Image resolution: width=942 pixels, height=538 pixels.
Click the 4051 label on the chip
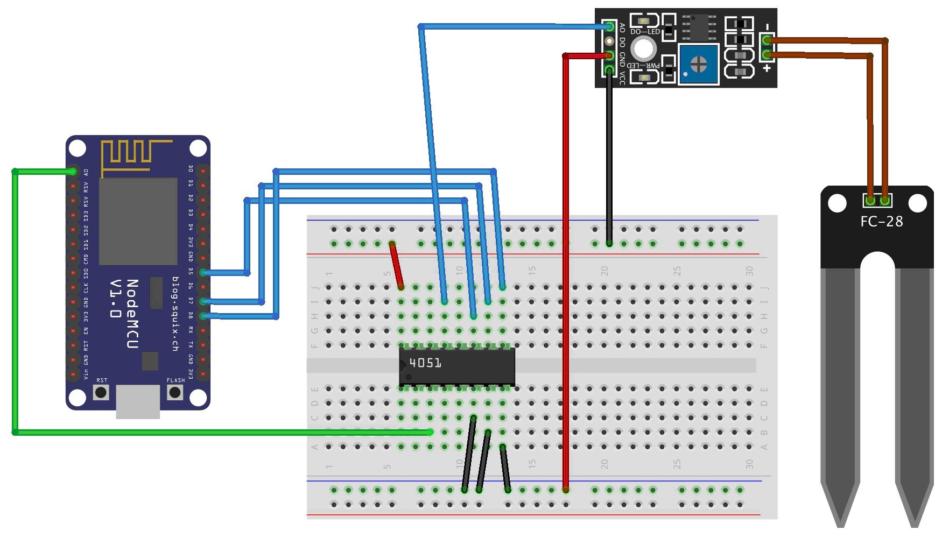425,363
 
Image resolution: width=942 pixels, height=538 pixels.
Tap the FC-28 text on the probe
881,222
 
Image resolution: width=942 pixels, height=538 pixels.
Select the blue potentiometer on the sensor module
698,65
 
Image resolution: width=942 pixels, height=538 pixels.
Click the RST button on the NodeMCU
101,392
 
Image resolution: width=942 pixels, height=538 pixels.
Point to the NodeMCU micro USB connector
138,402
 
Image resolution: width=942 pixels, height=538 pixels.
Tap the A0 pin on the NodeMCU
73,172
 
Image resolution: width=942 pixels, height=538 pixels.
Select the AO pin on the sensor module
609,26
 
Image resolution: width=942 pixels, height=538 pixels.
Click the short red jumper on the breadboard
397,266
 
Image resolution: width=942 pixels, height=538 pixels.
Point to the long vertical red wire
566,269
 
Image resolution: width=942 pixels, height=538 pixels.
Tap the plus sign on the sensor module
767,68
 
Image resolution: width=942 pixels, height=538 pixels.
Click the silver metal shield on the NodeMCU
138,221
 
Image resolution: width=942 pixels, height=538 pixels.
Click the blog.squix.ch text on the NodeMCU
175,314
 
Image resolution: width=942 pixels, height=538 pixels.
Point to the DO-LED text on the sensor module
645,32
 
